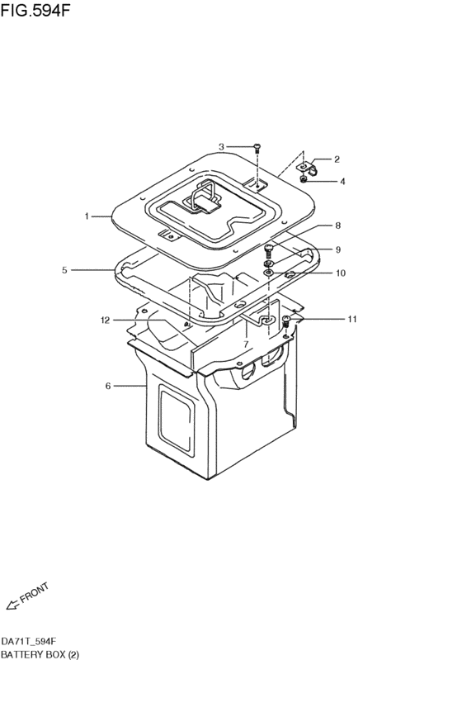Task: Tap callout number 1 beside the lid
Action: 86,216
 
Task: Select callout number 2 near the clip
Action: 337,159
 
